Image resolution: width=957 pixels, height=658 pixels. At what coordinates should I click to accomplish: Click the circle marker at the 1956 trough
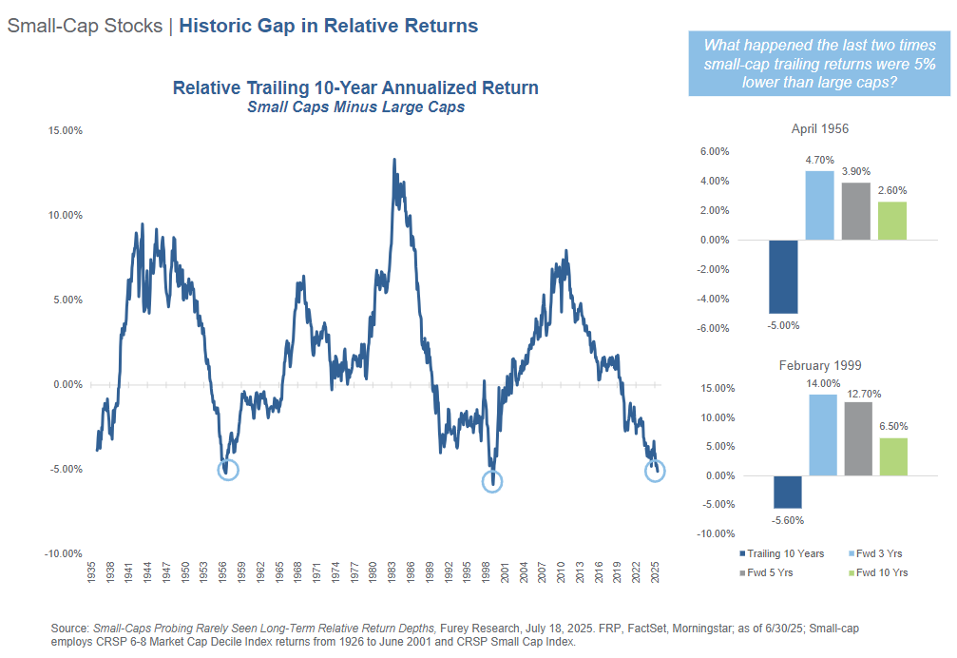pyautogui.click(x=228, y=469)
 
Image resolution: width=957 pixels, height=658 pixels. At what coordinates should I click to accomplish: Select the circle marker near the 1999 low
pyautogui.click(x=492, y=481)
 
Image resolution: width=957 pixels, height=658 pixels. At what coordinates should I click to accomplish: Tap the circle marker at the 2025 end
pyautogui.click(x=656, y=471)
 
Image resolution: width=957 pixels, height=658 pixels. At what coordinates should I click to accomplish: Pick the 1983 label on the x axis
pyautogui.click(x=392, y=573)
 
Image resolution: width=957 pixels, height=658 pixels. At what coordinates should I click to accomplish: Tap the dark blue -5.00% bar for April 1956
pyautogui.click(x=783, y=277)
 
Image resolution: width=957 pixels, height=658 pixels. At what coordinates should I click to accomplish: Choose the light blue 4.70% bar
pyautogui.click(x=819, y=205)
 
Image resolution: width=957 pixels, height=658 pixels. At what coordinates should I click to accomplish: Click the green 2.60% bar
pyautogui.click(x=891, y=221)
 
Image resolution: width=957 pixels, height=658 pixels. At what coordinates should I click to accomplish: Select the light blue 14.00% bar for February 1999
pyautogui.click(x=823, y=435)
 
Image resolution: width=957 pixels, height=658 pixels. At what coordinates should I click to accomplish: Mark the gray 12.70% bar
pyautogui.click(x=858, y=438)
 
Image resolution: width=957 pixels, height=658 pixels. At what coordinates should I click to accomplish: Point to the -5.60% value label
pyautogui.click(x=788, y=519)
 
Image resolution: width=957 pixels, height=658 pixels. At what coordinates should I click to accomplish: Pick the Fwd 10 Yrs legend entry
pyautogui.click(x=880, y=572)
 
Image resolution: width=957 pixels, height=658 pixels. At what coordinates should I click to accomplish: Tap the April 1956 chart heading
pyautogui.click(x=820, y=129)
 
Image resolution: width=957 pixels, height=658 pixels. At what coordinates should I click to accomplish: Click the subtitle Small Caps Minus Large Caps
pyautogui.click(x=355, y=107)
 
